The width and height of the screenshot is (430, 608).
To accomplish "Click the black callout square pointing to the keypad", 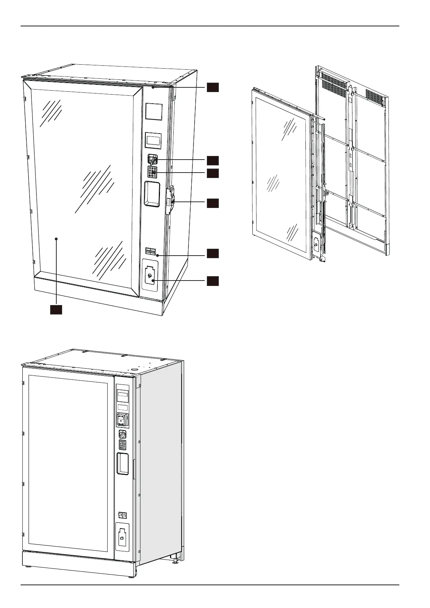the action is click(213, 173).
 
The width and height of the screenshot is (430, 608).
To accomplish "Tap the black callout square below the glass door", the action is click(56, 310).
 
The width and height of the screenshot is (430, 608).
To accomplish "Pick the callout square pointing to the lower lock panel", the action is click(213, 281).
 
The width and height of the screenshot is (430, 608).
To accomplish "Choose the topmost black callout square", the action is click(213, 87).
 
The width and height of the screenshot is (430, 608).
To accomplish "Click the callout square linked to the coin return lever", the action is click(213, 160).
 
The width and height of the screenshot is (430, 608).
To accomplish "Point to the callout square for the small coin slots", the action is click(213, 253).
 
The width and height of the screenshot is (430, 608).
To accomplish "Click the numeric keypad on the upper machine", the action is click(152, 171).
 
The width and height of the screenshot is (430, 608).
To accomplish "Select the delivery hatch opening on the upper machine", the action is click(152, 194).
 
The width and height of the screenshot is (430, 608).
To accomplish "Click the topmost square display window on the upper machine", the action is click(154, 112).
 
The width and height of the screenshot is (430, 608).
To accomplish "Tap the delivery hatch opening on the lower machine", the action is click(122, 464).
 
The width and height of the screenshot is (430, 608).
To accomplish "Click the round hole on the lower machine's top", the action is click(134, 369).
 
